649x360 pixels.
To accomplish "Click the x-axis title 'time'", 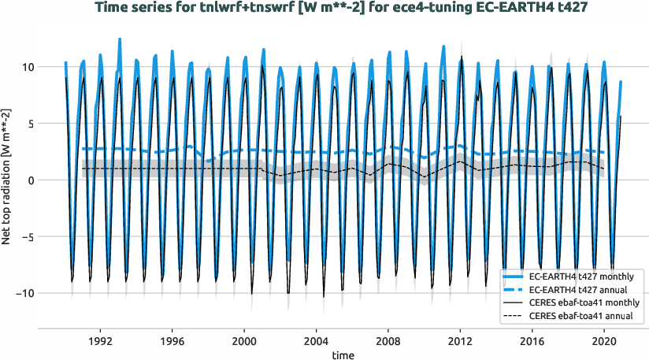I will coord(342,355).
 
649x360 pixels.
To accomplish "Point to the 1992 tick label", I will coord(100,342).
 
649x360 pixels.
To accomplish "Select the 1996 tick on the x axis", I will coord(172,342).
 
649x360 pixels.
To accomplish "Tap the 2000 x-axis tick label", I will coord(244,342).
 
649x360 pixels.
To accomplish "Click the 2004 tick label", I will coord(316,342).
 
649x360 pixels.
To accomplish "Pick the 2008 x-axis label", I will coord(388,342).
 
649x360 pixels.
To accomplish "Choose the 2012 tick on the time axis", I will coord(460,342).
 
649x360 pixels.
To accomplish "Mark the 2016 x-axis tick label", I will coord(532,342).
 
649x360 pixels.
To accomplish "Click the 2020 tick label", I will coord(604,342).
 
